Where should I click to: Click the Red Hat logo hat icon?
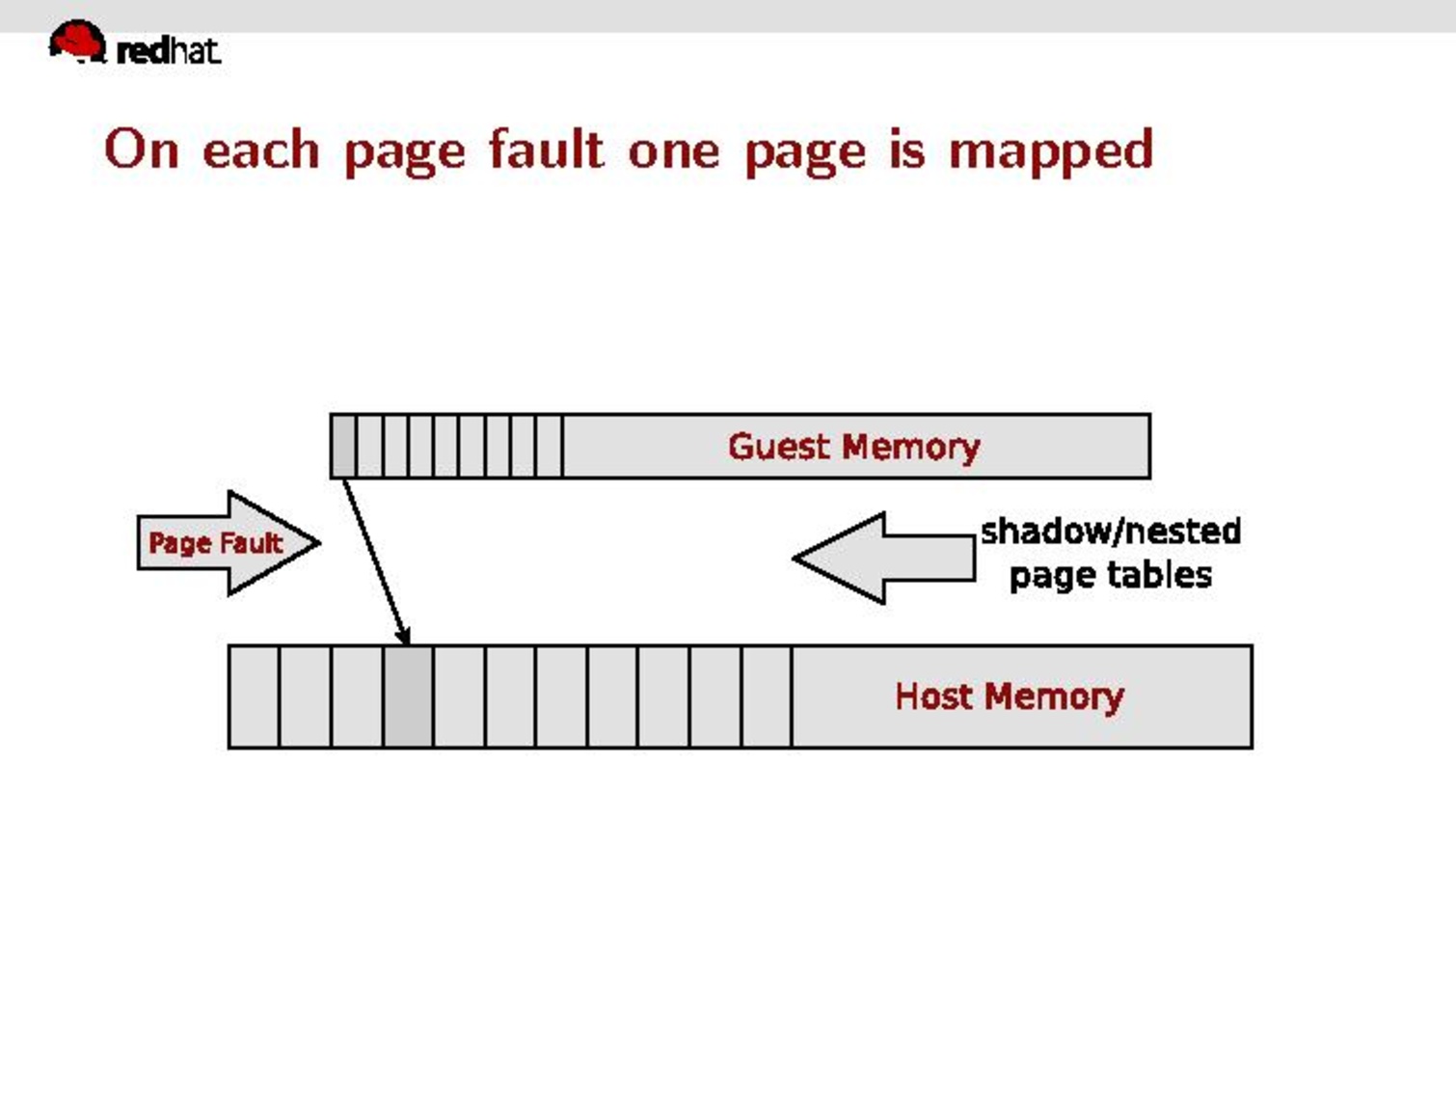point(77,41)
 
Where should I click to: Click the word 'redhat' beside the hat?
point(168,50)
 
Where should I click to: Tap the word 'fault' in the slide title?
point(547,150)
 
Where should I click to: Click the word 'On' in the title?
point(141,150)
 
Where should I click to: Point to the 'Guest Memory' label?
point(853,447)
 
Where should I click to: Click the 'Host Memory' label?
point(1009,697)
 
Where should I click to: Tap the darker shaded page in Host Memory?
point(409,697)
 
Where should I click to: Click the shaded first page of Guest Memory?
point(342,446)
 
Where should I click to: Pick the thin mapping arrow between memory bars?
point(374,560)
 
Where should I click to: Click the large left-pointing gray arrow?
point(883,558)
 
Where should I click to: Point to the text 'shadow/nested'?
point(1110,531)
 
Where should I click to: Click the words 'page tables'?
point(1110,576)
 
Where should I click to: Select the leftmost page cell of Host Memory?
point(254,697)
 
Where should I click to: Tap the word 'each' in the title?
point(260,150)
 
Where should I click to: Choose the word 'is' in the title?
point(906,150)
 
